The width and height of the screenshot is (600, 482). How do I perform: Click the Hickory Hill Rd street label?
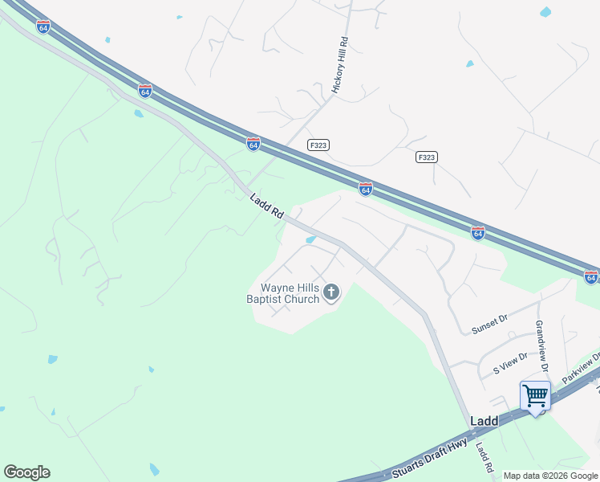point(340,68)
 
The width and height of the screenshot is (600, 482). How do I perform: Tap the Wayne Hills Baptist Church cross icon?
point(331,294)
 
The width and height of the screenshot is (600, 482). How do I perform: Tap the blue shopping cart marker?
point(535,396)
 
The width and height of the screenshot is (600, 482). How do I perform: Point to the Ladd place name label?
point(484,420)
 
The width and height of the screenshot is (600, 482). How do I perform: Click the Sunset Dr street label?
point(490,320)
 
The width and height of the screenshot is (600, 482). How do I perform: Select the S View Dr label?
point(510,363)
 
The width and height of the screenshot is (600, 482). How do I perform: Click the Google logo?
point(26,472)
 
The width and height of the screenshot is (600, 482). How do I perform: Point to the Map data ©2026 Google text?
point(551,476)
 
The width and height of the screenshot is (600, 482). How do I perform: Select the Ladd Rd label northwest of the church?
point(267,206)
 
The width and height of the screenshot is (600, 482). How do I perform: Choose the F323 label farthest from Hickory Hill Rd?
point(427,157)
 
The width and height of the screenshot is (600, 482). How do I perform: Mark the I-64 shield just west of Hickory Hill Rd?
point(253,144)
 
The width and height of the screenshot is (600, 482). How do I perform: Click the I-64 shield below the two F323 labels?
point(365,189)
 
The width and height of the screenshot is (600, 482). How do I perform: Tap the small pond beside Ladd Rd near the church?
point(310,239)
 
